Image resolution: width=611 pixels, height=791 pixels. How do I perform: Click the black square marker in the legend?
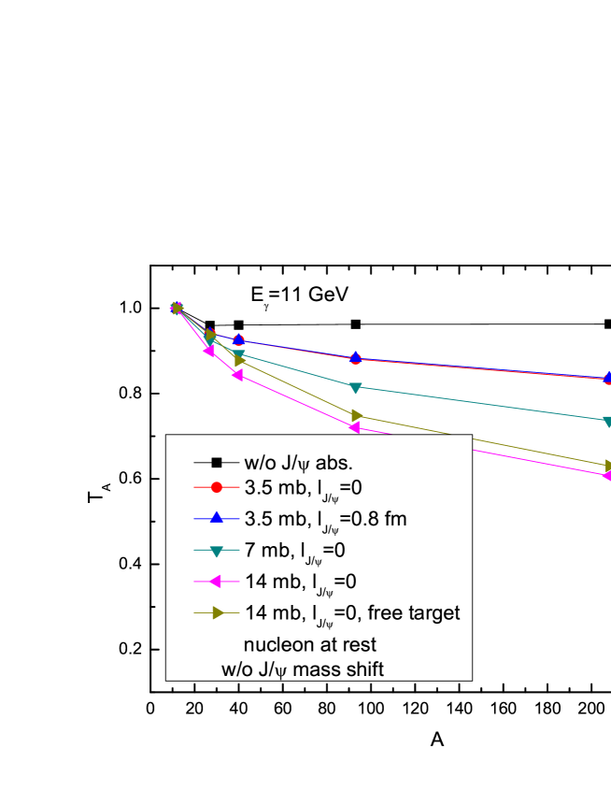pyautogui.click(x=216, y=462)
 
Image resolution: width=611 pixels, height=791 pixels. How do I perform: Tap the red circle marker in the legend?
pyautogui.click(x=216, y=487)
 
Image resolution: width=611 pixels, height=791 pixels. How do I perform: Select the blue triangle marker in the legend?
pyautogui.click(x=216, y=518)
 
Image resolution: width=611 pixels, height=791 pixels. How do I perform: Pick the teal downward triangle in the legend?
pyautogui.click(x=216, y=551)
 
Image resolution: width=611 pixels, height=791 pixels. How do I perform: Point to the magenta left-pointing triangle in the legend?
pyautogui.click(x=216, y=582)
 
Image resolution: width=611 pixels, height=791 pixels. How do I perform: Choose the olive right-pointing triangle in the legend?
pyautogui.click(x=216, y=613)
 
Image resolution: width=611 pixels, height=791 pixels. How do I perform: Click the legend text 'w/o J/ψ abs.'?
pyautogui.click(x=298, y=462)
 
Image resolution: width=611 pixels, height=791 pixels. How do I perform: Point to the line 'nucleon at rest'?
pyautogui.click(x=309, y=645)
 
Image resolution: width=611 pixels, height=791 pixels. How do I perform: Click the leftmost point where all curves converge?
pyautogui.click(x=177, y=309)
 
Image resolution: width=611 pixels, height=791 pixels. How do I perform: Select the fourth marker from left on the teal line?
pyautogui.click(x=355, y=387)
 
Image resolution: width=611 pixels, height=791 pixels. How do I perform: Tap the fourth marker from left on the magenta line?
pyautogui.click(x=355, y=427)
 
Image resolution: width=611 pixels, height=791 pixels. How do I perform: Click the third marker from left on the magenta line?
pyautogui.click(x=238, y=375)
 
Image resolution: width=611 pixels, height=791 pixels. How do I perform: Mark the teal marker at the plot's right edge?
pyautogui.click(x=607, y=422)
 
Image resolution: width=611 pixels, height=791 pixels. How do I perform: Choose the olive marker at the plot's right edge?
pyautogui.click(x=607, y=465)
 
